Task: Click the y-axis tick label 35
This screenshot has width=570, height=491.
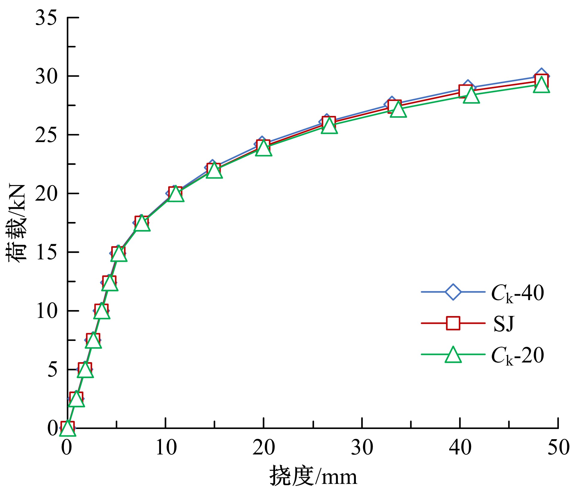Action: [x=46, y=18]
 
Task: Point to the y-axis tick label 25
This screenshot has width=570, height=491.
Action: [x=46, y=135]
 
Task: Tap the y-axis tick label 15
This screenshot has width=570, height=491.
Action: [x=46, y=252]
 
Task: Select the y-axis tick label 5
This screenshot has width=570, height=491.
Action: [x=52, y=369]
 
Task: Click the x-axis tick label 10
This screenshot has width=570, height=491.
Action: [x=166, y=448]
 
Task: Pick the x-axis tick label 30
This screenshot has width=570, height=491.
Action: [x=362, y=448]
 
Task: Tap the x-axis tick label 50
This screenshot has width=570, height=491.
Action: [x=558, y=448]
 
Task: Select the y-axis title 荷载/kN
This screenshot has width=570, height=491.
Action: [x=16, y=223]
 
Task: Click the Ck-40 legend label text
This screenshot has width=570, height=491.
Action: [x=517, y=293]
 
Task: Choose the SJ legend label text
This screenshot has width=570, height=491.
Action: [x=503, y=324]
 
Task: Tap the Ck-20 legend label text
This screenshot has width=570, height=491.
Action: [x=517, y=356]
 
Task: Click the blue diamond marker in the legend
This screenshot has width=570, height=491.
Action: [x=453, y=291]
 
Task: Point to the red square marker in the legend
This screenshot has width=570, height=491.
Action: [x=453, y=323]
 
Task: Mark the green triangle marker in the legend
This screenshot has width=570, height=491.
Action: [x=453, y=355]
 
